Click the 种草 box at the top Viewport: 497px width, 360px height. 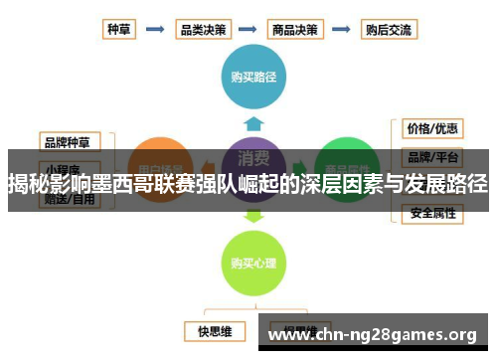tap(119, 30)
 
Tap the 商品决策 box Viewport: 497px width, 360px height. tap(297, 30)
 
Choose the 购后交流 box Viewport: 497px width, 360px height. tap(389, 30)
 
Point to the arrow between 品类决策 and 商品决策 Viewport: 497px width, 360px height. tap(249, 30)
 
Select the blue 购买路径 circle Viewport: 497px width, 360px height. tap(253, 76)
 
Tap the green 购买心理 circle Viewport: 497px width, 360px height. tap(253, 264)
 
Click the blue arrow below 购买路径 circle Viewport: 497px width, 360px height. tap(253, 124)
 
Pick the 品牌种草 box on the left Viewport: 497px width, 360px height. tap(71, 141)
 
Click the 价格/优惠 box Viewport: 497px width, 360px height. tap(431, 128)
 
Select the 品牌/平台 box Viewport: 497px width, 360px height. tap(431, 157)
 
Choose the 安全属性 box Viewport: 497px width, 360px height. tap(431, 212)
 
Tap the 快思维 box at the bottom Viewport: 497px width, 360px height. tap(214, 329)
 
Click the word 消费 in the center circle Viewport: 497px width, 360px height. tap(253, 159)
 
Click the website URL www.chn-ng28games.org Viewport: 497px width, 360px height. tap(374, 334)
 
